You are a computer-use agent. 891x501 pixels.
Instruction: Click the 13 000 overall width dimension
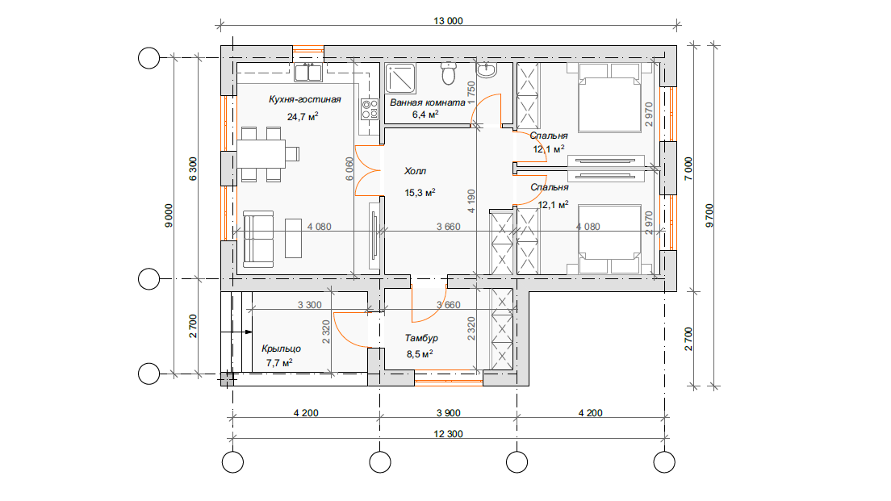[x=448, y=21]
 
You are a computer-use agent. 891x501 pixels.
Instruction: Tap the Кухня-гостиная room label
[x=304, y=99]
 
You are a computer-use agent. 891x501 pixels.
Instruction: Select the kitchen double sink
[x=308, y=72]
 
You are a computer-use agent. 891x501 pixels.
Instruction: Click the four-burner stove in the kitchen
[x=370, y=108]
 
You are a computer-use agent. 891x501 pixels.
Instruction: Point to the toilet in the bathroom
[x=449, y=73]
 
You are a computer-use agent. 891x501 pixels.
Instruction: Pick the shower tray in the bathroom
[x=400, y=78]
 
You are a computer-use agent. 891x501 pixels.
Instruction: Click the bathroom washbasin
[x=486, y=69]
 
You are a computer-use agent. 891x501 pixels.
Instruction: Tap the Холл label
[x=415, y=171]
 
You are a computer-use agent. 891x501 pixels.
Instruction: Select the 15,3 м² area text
[x=420, y=193]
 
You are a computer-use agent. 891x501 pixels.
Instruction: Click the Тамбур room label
[x=421, y=338]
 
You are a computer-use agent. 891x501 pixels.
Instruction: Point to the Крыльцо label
[x=281, y=349]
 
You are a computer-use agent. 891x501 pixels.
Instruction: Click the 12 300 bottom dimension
[x=448, y=434]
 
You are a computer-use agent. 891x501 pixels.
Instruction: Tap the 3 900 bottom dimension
[x=449, y=413]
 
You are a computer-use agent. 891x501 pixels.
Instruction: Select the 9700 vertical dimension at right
[x=709, y=216]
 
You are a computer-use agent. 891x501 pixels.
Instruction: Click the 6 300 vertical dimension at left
[x=193, y=169]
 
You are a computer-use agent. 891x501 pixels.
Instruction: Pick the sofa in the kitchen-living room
[x=258, y=239]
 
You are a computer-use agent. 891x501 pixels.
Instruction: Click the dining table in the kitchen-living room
[x=261, y=153]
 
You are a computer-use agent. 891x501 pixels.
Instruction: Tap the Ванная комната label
[x=427, y=102]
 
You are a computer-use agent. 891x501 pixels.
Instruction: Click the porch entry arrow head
[x=249, y=332]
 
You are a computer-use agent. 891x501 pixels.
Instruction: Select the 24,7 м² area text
[x=303, y=117]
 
